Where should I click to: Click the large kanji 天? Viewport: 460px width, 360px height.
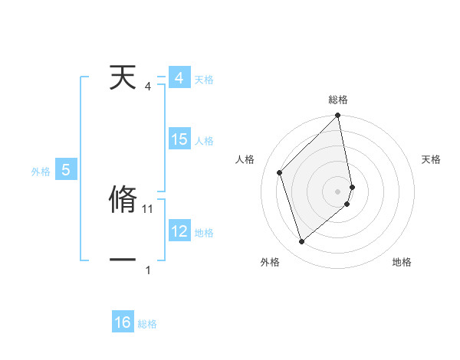click(124, 78)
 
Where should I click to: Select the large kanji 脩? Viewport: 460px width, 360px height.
click(124, 199)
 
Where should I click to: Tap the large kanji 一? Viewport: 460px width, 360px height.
click(124, 260)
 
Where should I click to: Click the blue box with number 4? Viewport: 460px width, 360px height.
click(179, 78)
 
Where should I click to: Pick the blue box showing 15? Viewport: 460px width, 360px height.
click(179, 139)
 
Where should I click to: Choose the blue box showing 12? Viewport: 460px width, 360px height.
click(179, 231)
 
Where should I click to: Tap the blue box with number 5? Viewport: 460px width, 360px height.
click(66, 170)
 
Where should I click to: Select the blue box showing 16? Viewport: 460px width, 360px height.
click(123, 322)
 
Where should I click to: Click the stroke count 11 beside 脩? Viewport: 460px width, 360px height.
click(149, 208)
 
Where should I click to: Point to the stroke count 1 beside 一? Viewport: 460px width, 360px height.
click(148, 270)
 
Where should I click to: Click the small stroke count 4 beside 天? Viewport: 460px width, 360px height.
click(148, 86)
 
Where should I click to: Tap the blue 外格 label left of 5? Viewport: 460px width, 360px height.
click(41, 172)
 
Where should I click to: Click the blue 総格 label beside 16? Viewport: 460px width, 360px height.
click(147, 324)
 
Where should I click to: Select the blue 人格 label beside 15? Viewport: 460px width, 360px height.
click(204, 141)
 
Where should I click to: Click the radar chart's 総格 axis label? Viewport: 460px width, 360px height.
click(338, 100)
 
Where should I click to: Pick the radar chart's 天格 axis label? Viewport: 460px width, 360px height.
click(432, 159)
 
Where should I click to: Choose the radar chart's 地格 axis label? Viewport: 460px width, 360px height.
click(402, 262)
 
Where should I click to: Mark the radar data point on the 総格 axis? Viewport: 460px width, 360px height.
click(338, 116)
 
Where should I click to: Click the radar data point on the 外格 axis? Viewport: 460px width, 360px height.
click(301, 242)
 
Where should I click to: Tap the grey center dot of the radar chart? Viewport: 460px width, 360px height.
click(338, 191)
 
